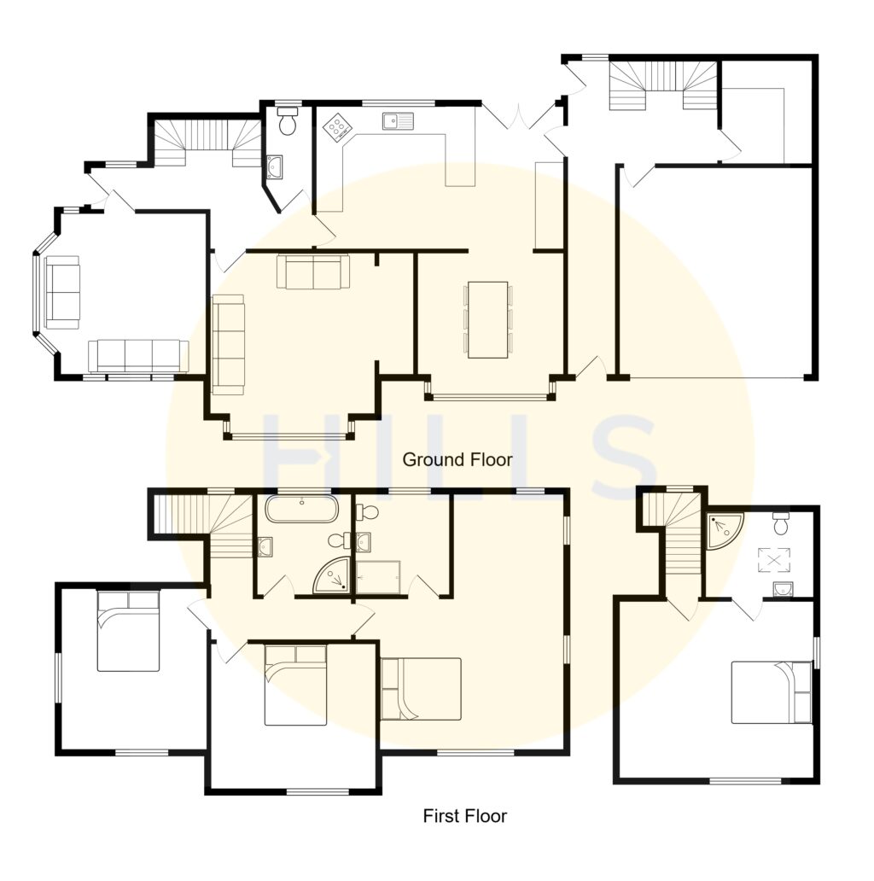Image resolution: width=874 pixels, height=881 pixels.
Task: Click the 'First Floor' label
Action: coord(464,816)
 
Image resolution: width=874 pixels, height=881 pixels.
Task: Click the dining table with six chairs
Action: coord(487,319)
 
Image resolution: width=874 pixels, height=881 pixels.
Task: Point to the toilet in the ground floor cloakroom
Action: coord(287,121)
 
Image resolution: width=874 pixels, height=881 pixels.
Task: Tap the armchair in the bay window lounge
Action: coord(62,292)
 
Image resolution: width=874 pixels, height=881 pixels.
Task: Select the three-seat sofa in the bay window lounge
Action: coord(138,354)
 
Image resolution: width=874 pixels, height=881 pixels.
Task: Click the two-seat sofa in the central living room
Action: coord(312,271)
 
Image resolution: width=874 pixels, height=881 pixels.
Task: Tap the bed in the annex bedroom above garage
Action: coord(772,691)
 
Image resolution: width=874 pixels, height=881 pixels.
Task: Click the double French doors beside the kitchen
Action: coord(516,120)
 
